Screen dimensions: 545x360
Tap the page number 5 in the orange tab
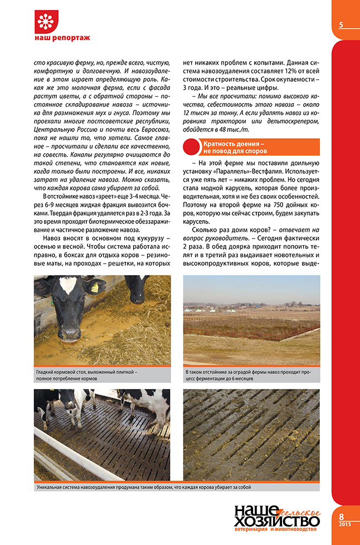pyautogui.click(x=340, y=25)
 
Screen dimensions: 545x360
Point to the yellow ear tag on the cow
pyautogui.click(x=94, y=288)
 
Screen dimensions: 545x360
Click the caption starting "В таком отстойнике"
pyautogui.click(x=245, y=374)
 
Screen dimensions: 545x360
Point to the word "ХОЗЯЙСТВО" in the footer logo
pyautogui.click(x=275, y=522)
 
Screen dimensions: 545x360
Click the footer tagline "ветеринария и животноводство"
pyautogui.click(x=276, y=531)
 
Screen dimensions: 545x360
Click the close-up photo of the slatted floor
pyautogui.click(x=251, y=435)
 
